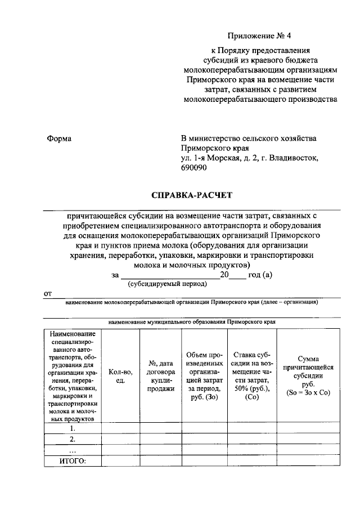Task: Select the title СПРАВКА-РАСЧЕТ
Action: click(x=191, y=195)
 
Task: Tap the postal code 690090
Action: click(x=193, y=168)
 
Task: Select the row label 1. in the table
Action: click(x=72, y=428)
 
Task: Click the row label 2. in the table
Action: click(x=72, y=439)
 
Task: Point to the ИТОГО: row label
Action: click(x=72, y=461)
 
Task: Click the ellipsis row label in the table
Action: click(x=72, y=450)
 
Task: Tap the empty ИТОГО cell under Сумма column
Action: click(x=308, y=461)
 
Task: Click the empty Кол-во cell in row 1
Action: click(x=120, y=428)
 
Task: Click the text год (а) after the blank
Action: click(x=260, y=275)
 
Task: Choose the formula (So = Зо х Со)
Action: click(x=308, y=392)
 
